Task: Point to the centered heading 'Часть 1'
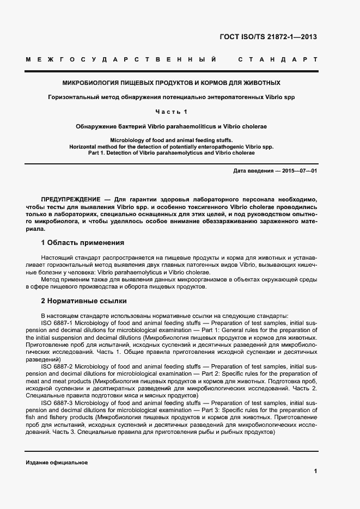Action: [172, 112]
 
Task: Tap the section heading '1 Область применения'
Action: [82, 242]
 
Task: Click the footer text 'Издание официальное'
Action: [57, 462]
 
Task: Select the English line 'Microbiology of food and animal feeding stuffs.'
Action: [172, 140]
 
